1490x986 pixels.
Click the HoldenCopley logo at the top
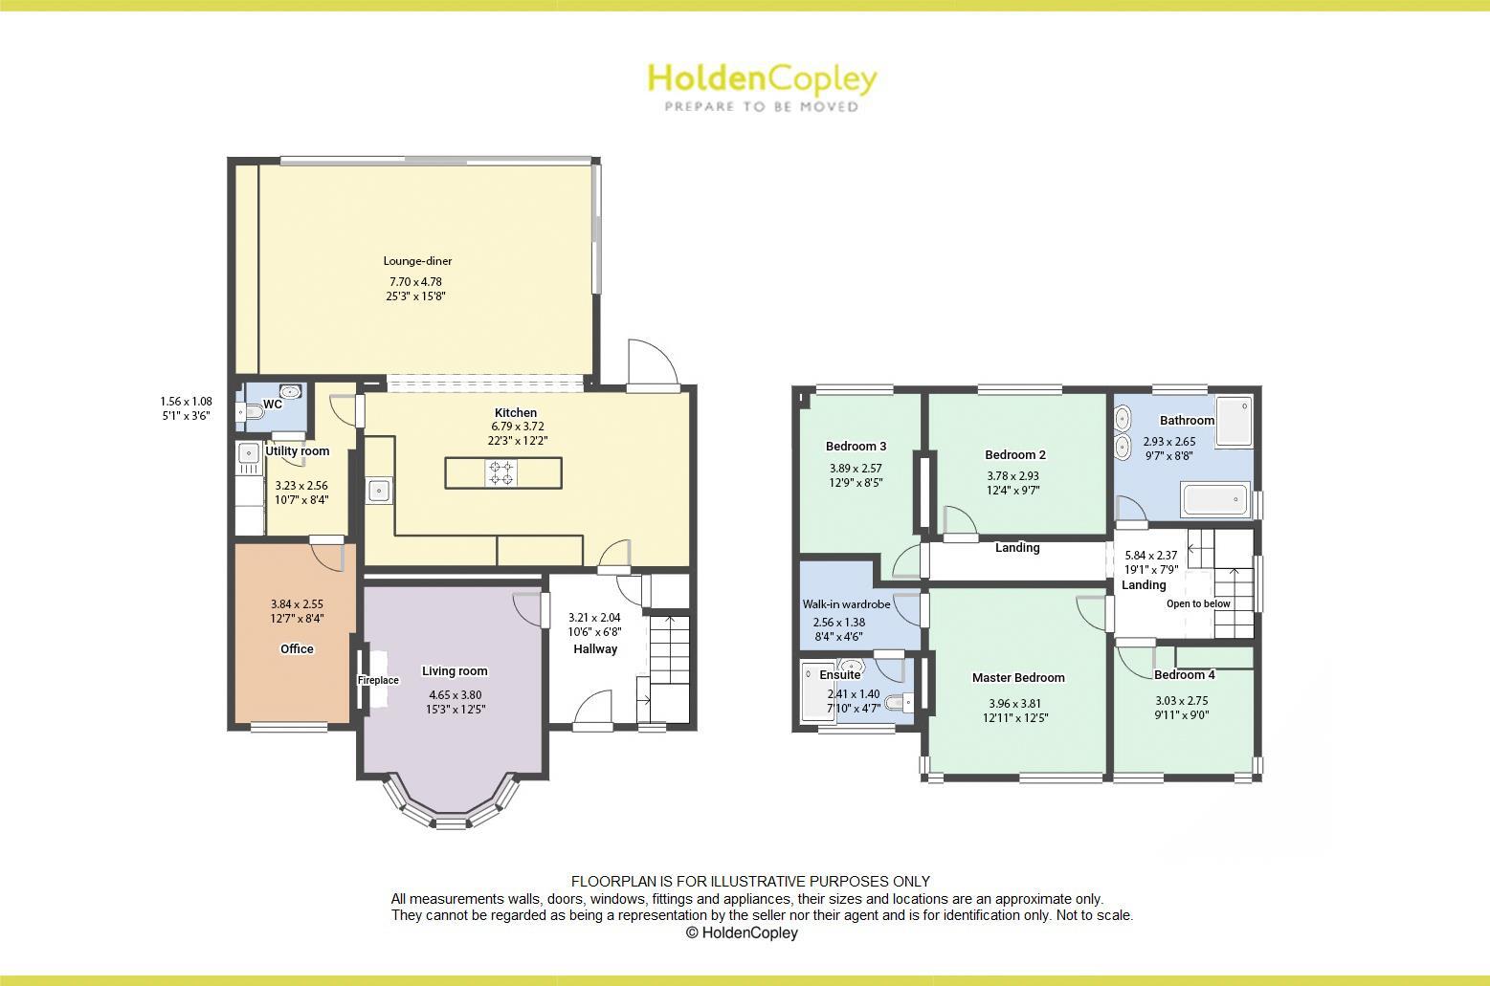762,86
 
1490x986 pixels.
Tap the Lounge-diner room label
417,261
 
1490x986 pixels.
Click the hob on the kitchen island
502,471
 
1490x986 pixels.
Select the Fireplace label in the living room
378,681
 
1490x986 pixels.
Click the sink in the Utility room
249,453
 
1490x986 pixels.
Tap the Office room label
297,649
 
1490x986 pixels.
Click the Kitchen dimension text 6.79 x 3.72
517,427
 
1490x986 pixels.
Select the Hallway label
595,649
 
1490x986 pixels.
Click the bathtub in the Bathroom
1214,500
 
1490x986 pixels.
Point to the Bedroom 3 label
856,447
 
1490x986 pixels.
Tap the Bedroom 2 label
1015,455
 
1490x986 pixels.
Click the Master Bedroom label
1018,678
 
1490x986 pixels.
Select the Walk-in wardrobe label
846,604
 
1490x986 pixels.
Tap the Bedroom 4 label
1185,675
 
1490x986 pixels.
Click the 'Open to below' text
1198,604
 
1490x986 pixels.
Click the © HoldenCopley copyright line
742,933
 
